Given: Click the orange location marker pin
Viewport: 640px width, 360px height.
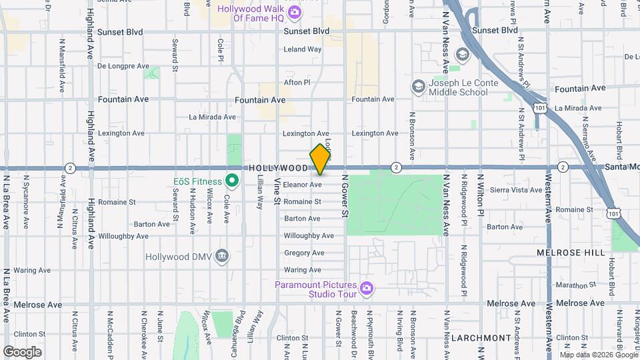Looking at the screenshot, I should point(320,159).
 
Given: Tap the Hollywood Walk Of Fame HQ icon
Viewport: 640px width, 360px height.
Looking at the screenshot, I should point(294,12).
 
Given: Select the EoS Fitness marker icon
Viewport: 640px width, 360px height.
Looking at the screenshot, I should point(232,180).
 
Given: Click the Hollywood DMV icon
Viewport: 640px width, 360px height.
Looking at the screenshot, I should point(223,255).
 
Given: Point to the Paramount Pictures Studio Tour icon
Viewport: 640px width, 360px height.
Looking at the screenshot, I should point(365,288).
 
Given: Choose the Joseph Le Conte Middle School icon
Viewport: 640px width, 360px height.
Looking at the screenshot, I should point(418,86).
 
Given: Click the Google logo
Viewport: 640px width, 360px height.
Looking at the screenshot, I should point(23,351).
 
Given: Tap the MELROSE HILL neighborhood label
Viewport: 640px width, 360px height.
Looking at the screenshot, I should point(571,253).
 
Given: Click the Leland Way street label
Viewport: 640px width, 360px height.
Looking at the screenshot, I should point(303,49).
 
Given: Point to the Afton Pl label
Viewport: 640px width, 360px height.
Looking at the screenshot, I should point(297,83).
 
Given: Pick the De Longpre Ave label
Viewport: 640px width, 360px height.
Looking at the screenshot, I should point(123,66).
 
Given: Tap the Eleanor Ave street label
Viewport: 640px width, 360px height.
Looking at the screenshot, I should point(303,184).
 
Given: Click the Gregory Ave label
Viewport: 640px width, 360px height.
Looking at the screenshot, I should point(303,253).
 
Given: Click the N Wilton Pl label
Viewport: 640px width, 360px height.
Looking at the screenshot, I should point(480,193).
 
